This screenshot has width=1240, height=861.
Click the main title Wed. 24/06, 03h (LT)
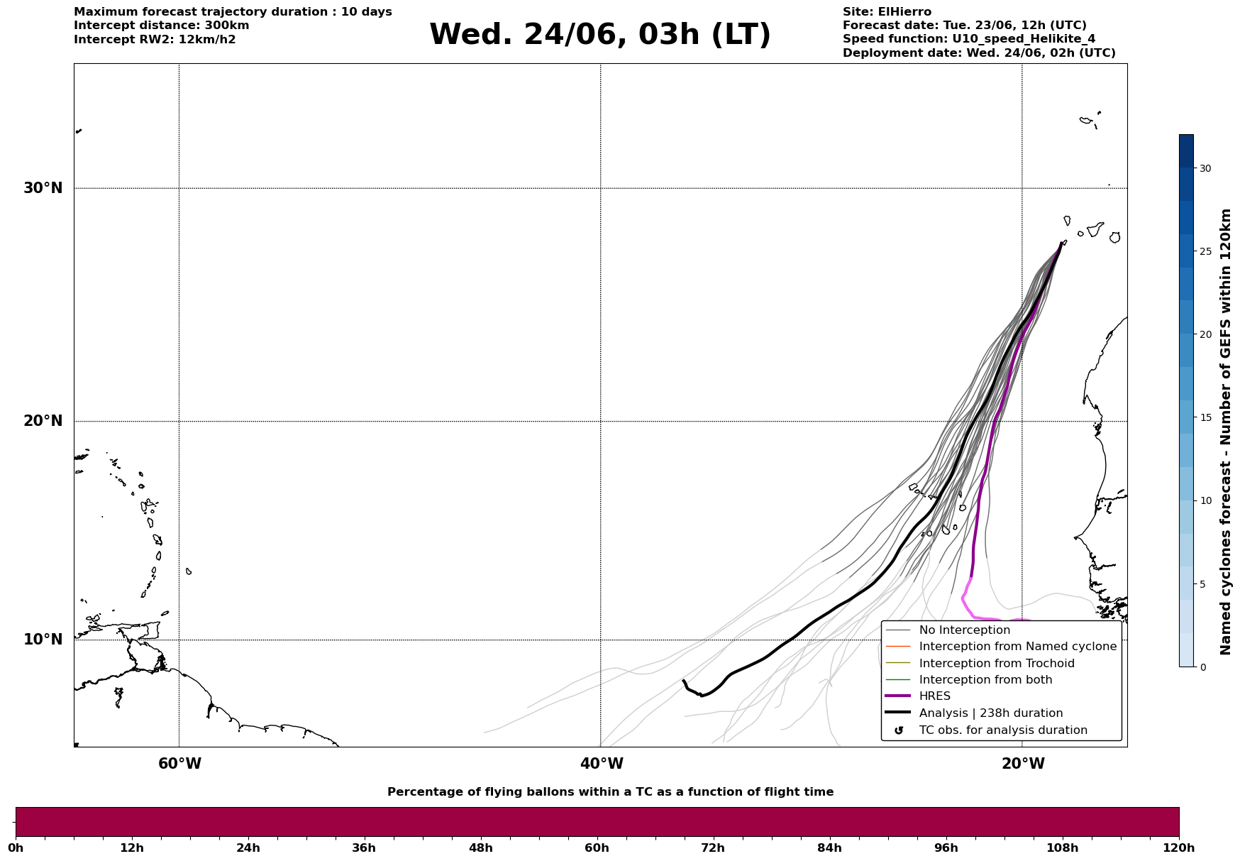pos(599,35)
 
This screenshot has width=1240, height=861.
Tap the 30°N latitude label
pos(43,188)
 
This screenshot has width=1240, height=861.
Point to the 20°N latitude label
pos(43,421)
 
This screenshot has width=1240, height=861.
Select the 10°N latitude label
pos(43,640)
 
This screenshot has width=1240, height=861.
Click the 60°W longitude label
pos(179,764)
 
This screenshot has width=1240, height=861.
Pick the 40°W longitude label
pos(602,764)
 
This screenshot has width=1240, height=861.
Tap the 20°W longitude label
pos(1023,764)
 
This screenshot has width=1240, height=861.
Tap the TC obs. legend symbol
pos(899,730)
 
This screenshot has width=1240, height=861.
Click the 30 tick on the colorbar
pos(1205,168)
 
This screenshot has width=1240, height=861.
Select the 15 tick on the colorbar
pos(1205,417)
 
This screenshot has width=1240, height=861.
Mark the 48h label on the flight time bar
pos(480,848)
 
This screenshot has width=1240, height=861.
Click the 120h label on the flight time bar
pos(1179,848)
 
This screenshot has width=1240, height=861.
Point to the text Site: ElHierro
pos(887,12)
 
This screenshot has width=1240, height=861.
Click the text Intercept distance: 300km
pos(162,26)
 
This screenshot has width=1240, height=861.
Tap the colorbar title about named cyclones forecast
pos(1226,432)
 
